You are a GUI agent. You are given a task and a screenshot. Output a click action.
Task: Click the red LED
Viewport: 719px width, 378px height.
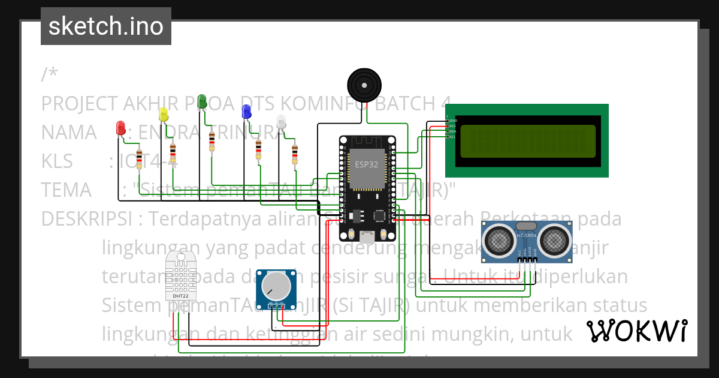click(120, 128)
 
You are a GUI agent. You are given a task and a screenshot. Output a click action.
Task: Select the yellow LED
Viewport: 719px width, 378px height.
click(163, 114)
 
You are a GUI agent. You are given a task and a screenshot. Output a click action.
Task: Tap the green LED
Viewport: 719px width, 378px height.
click(203, 101)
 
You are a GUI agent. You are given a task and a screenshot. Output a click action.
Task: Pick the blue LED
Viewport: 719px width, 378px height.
click(246, 111)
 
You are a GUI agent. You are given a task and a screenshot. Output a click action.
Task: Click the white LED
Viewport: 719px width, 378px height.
click(282, 122)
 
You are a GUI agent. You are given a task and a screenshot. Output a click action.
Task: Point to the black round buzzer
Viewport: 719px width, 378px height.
click(364, 85)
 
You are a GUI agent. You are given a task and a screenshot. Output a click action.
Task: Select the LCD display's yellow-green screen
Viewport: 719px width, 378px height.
click(527, 141)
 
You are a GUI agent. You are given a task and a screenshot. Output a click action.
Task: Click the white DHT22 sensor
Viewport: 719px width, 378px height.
click(180, 275)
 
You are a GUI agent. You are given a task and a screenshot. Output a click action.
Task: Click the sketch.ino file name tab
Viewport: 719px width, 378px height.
click(106, 26)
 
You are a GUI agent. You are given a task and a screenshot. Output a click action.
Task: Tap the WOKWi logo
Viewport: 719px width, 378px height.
click(636, 331)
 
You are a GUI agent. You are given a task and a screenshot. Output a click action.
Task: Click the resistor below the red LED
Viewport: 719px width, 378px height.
click(140, 160)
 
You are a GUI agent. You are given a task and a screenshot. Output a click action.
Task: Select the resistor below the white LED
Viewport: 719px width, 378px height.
click(294, 154)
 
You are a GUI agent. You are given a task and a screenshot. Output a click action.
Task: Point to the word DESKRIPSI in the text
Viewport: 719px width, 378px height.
click(86, 218)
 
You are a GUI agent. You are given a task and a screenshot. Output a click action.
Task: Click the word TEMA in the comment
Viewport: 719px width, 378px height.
click(66, 190)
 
